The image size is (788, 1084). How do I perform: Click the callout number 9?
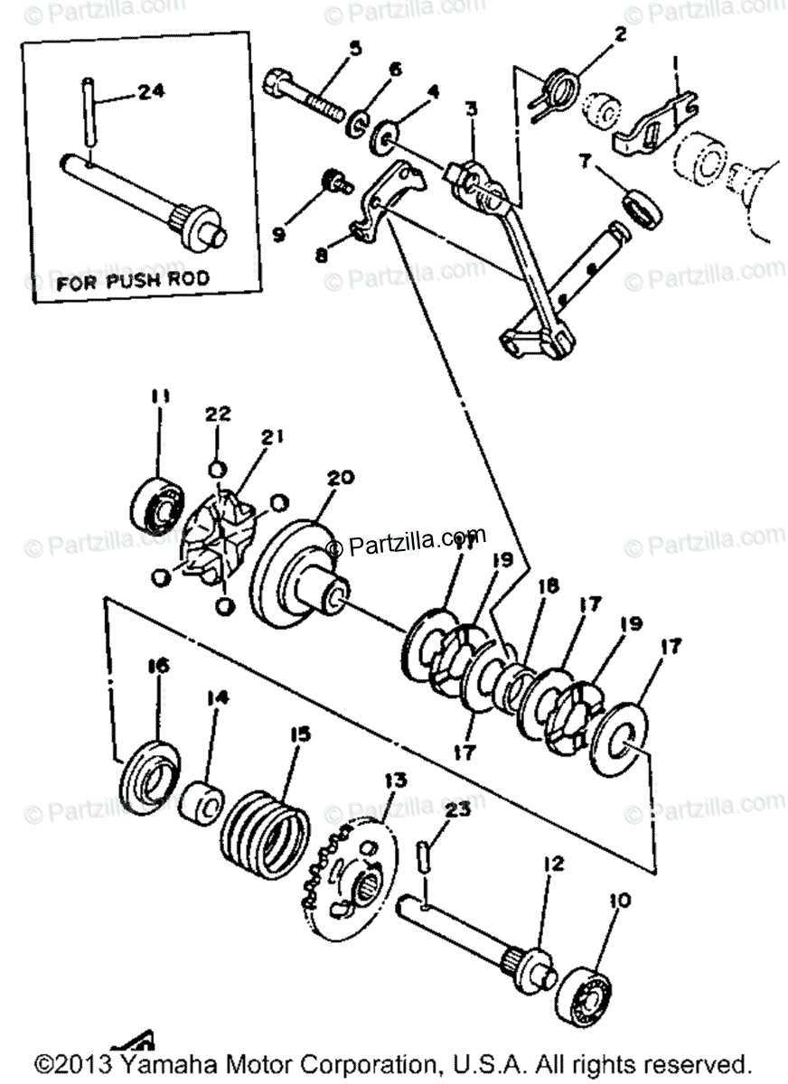(x=278, y=233)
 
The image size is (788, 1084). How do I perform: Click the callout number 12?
(x=553, y=864)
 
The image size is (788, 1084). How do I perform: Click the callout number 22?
(x=218, y=415)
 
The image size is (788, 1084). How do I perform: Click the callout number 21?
(x=273, y=438)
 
